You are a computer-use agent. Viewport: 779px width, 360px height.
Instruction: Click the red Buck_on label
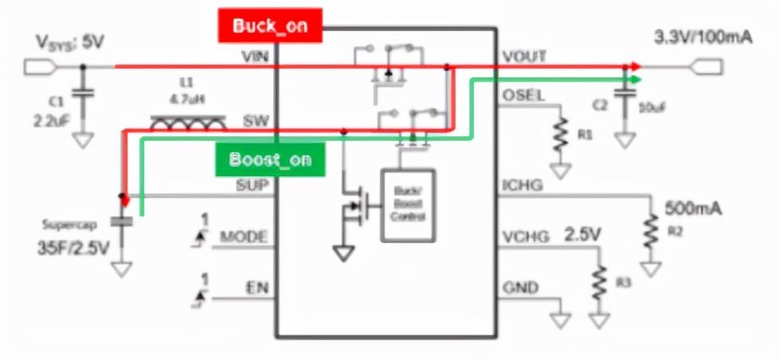[271, 25]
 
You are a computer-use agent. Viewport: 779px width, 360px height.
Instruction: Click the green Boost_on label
[271, 158]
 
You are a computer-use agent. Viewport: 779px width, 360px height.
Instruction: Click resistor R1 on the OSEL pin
[562, 132]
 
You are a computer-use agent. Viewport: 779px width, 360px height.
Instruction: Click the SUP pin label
[254, 186]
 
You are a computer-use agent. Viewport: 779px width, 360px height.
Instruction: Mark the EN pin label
[256, 288]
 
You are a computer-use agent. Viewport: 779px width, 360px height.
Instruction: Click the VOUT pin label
[524, 57]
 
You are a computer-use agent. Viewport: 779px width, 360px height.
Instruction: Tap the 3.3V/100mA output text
[702, 37]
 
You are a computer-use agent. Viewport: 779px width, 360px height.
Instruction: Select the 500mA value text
[693, 209]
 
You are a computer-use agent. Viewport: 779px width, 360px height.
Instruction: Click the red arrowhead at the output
[634, 67]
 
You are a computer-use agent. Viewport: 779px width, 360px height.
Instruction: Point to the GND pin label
[519, 288]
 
